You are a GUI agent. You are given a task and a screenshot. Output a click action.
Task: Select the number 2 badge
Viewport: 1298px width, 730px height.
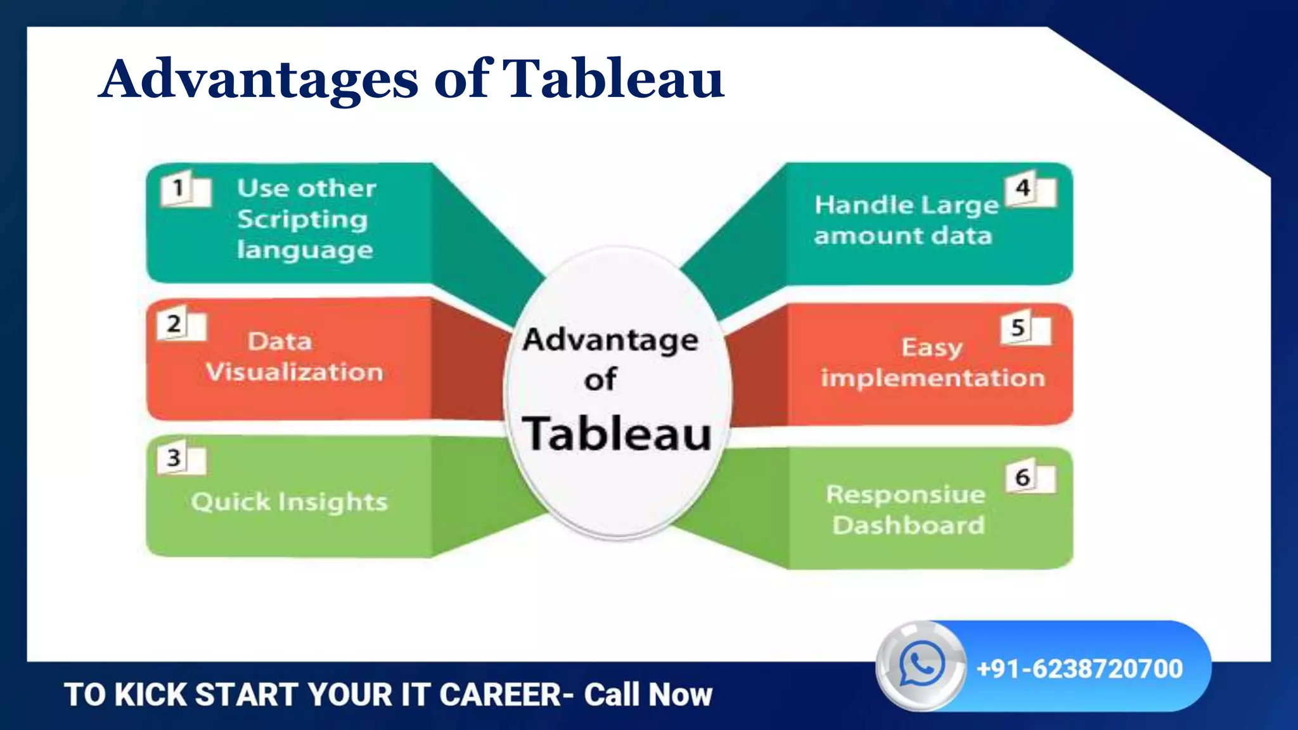174,324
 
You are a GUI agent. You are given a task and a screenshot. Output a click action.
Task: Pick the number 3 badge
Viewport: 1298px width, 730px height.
174,458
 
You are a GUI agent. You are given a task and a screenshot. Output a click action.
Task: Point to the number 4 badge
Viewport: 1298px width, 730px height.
1022,188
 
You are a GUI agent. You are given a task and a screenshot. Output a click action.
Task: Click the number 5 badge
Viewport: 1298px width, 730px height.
1017,328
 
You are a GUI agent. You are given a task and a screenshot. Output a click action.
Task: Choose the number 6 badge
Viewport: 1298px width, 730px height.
1022,477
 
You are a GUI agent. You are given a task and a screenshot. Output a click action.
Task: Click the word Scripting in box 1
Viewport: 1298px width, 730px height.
302,219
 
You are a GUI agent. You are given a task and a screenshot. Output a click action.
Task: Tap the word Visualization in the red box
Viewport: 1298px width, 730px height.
294,372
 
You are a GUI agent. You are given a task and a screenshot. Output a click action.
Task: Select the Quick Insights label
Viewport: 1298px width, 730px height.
289,502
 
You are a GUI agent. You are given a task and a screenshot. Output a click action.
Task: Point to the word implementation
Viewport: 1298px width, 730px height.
932,378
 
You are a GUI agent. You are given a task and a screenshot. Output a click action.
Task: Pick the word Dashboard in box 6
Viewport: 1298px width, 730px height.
908,525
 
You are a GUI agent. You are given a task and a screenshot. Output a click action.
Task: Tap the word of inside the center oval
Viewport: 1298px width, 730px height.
600,380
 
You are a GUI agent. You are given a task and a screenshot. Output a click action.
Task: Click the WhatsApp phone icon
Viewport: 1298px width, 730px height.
922,664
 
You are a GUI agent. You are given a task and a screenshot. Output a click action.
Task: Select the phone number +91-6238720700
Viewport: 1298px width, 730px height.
1079,669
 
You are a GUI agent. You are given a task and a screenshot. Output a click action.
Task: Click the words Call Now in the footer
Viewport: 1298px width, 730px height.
648,695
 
